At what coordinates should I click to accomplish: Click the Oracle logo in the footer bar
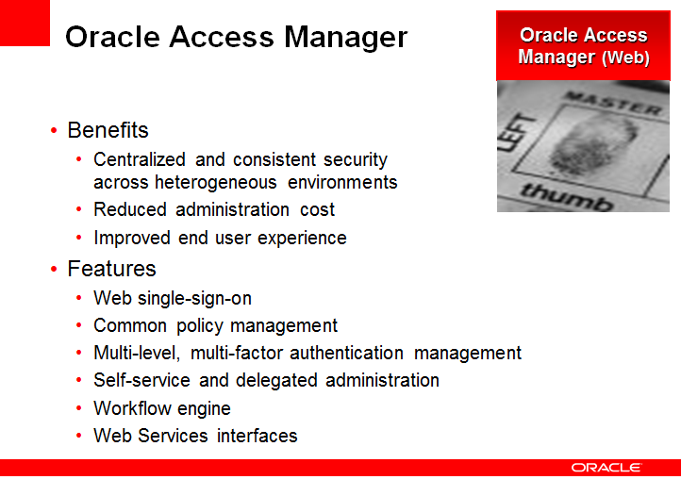(x=606, y=468)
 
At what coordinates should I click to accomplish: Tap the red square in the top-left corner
(x=25, y=23)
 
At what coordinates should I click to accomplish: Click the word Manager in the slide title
(x=346, y=38)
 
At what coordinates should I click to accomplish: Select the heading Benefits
(x=108, y=130)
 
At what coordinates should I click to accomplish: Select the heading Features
(x=111, y=269)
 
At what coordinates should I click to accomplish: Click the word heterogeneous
(x=215, y=183)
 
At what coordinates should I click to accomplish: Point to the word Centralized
(x=140, y=159)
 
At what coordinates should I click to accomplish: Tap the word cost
(x=318, y=209)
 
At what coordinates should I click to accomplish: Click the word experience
(x=302, y=239)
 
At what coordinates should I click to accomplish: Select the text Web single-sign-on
(x=173, y=299)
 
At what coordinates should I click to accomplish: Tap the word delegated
(x=276, y=381)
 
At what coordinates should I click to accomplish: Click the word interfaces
(x=257, y=436)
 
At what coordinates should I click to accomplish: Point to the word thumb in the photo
(x=567, y=196)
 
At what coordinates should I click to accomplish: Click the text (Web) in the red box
(x=626, y=58)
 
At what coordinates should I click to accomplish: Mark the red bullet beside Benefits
(x=54, y=130)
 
